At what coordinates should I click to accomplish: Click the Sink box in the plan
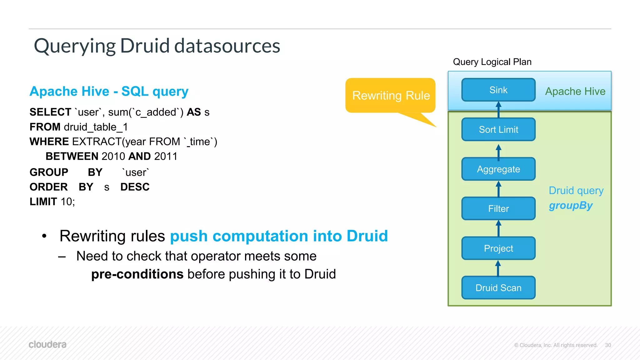pyautogui.click(x=498, y=90)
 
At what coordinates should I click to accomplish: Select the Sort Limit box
pyautogui.click(x=498, y=129)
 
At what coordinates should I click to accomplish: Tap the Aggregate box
pyautogui.click(x=498, y=169)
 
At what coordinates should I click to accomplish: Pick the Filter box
pyautogui.click(x=498, y=208)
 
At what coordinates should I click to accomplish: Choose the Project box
pyautogui.click(x=498, y=248)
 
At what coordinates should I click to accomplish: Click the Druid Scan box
pyautogui.click(x=498, y=287)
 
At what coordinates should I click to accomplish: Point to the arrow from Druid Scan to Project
pyautogui.click(x=498, y=268)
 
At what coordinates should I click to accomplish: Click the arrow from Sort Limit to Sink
pyautogui.click(x=498, y=109)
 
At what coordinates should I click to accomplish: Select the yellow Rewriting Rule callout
pyautogui.click(x=390, y=95)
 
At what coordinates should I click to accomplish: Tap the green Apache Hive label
pyautogui.click(x=575, y=91)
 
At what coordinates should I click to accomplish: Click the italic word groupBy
pyautogui.click(x=570, y=205)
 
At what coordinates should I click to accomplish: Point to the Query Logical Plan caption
pyautogui.click(x=492, y=62)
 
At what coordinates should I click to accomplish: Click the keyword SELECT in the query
pyautogui.click(x=50, y=112)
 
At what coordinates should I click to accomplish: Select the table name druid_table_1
pyautogui.click(x=96, y=127)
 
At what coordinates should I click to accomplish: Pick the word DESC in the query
pyautogui.click(x=135, y=187)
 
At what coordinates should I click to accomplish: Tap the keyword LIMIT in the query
pyautogui.click(x=43, y=202)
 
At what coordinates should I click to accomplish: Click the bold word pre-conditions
pyautogui.click(x=137, y=274)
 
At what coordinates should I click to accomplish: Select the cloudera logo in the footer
pyautogui.click(x=47, y=344)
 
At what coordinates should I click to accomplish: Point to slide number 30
pyautogui.click(x=608, y=345)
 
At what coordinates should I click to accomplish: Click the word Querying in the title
pyautogui.click(x=75, y=46)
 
